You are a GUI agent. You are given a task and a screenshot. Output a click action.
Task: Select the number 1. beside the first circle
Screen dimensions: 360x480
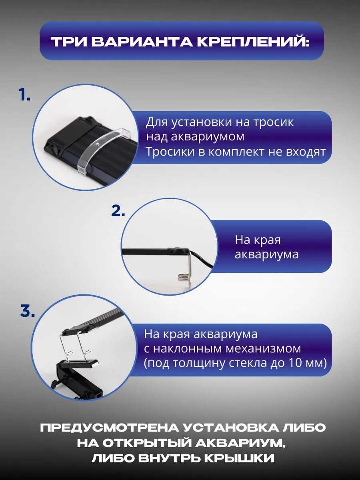(x=24, y=95)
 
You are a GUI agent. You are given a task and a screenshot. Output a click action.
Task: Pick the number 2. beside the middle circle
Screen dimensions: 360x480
(x=118, y=210)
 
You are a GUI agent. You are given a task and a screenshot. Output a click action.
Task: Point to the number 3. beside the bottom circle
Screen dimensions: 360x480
(x=28, y=311)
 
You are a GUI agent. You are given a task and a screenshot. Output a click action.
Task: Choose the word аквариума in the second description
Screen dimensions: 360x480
(x=267, y=254)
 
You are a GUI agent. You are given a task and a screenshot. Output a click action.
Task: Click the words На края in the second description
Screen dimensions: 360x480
(x=258, y=240)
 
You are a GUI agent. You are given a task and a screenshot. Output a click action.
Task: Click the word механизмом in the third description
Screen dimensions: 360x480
(x=263, y=348)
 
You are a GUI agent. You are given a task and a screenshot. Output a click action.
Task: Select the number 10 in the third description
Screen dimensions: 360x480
(x=293, y=363)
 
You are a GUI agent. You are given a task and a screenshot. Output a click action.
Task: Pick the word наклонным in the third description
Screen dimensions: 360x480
(x=188, y=348)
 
